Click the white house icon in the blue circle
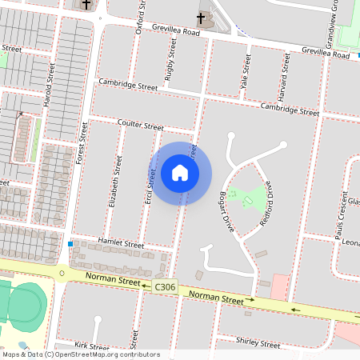180,173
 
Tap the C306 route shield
165,286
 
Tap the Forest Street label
81,145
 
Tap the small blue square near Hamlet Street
70,243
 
